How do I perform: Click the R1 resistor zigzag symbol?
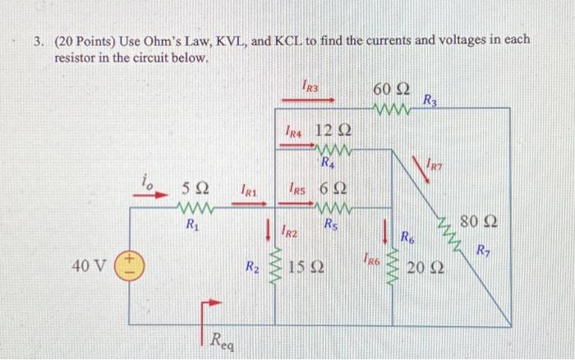point(194,206)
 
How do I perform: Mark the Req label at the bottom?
point(220,338)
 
